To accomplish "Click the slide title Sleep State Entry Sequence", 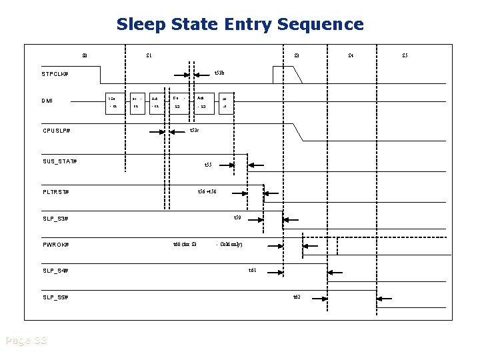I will (240, 25).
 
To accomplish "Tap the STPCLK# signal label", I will (55, 73).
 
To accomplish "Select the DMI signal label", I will (47, 101).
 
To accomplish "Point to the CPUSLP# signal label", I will (56, 131).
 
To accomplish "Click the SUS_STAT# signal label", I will (59, 162).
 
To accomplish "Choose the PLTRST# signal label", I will (55, 193).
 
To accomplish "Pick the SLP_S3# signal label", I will (55, 219).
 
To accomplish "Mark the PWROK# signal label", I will (55, 245).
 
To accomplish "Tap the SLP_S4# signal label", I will (55, 271).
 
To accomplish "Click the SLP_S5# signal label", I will (55, 297).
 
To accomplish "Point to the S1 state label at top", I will (149, 55).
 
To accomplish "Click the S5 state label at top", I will (405, 55).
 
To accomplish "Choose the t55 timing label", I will (207, 165).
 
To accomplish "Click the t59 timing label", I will (237, 218).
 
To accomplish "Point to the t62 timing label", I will (297, 296).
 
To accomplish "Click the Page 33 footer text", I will (25, 341).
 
